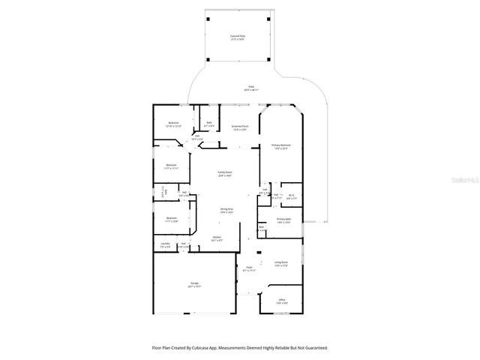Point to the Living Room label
281,263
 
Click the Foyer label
250,268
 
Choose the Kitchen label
216,238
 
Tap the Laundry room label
164,245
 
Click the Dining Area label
226,210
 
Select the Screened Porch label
240,127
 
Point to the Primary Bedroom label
281,146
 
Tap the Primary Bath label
283,220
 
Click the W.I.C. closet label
292,197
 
